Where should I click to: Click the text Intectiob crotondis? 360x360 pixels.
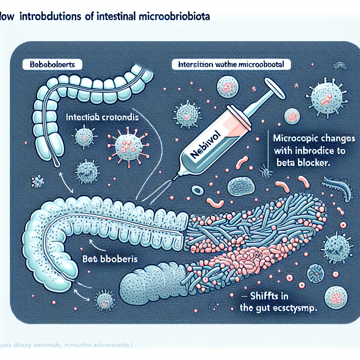102,119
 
